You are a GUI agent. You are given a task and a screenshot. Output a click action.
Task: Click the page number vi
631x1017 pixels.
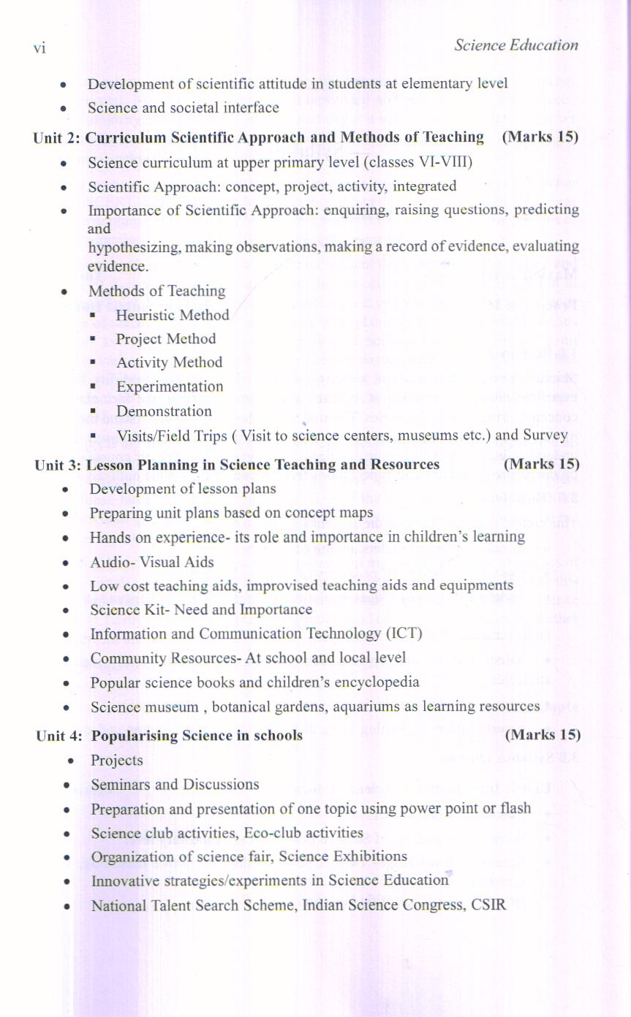[39, 47]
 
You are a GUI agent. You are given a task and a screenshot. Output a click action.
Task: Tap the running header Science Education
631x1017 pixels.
[515, 45]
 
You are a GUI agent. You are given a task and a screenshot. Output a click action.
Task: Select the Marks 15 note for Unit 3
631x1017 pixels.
[541, 464]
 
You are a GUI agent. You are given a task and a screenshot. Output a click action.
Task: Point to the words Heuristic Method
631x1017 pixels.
[173, 315]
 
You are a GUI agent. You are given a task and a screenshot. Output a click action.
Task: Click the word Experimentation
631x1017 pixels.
[170, 386]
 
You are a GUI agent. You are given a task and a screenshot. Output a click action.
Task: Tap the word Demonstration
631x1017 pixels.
[164, 411]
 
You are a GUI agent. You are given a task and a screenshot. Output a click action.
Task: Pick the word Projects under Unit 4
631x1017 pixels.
[117, 761]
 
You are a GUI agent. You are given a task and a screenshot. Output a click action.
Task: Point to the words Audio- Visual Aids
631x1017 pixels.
[152, 562]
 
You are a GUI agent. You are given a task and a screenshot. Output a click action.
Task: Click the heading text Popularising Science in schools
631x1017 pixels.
[197, 735]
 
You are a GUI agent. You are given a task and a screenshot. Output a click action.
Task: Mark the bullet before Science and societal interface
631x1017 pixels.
[64, 108]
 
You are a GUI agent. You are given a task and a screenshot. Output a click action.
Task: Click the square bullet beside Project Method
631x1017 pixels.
[94, 340]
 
